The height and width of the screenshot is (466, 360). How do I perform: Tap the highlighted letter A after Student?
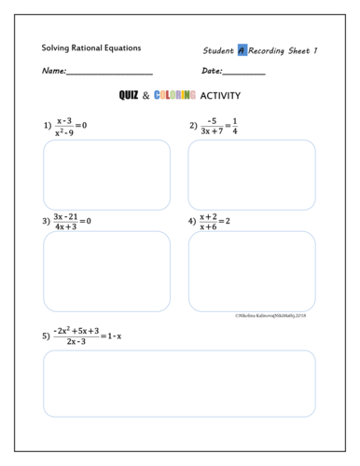(x=242, y=50)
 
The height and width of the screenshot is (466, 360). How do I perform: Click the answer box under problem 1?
(x=106, y=174)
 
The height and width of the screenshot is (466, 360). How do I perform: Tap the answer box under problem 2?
(x=252, y=174)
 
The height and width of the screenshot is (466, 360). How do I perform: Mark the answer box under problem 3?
(x=106, y=271)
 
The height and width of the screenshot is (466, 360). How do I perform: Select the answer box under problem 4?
(x=252, y=271)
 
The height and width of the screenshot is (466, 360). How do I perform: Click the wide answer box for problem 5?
(x=179, y=383)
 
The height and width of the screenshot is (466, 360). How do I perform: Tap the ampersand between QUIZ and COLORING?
(x=145, y=95)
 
